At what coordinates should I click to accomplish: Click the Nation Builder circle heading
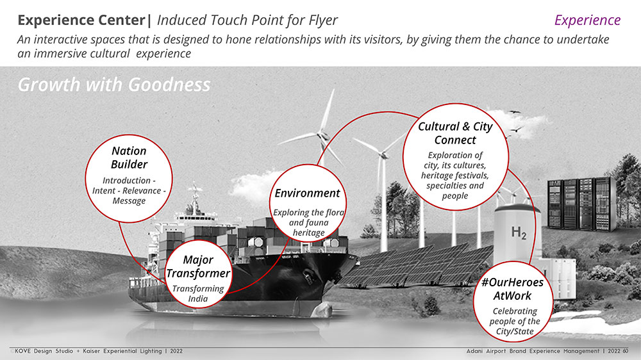coord(129,158)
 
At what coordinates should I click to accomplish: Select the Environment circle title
coord(308,193)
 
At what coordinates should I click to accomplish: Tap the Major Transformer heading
coord(198,266)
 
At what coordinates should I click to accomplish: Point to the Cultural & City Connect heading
coord(455,133)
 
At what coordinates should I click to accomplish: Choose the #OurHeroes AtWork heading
coord(512,289)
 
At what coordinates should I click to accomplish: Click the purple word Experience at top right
coord(587,20)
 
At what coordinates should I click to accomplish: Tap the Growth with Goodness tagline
coord(114,85)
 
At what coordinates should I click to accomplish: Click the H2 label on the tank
coord(519,233)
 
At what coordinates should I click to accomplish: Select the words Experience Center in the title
coord(81,20)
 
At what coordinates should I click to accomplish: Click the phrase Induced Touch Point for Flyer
coord(247,20)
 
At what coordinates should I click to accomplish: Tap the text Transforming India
coord(198,293)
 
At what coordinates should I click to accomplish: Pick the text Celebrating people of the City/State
coord(515,321)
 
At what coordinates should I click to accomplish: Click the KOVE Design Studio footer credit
coord(99,351)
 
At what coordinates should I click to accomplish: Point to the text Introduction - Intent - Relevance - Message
coord(129,190)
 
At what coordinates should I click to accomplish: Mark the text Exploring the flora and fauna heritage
coord(309,222)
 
